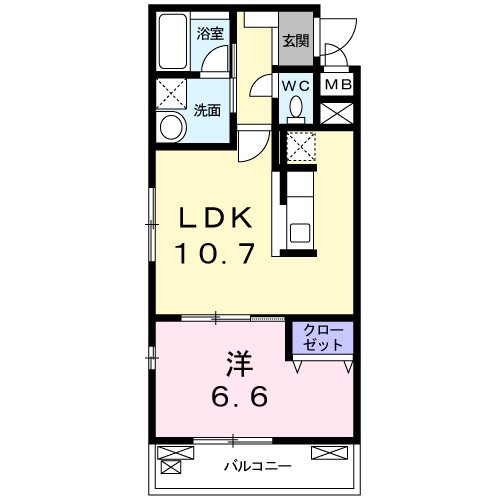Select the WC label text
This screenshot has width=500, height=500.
[295, 85]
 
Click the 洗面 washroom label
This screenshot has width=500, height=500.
[207, 111]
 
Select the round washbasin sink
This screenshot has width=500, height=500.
[172, 128]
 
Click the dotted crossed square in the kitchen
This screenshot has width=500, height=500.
[301, 146]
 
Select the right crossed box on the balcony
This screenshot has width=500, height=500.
[327, 457]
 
